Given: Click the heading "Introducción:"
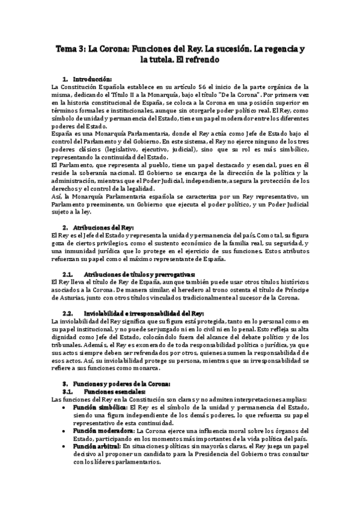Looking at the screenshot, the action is pyautogui.click(x=92, y=79).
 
